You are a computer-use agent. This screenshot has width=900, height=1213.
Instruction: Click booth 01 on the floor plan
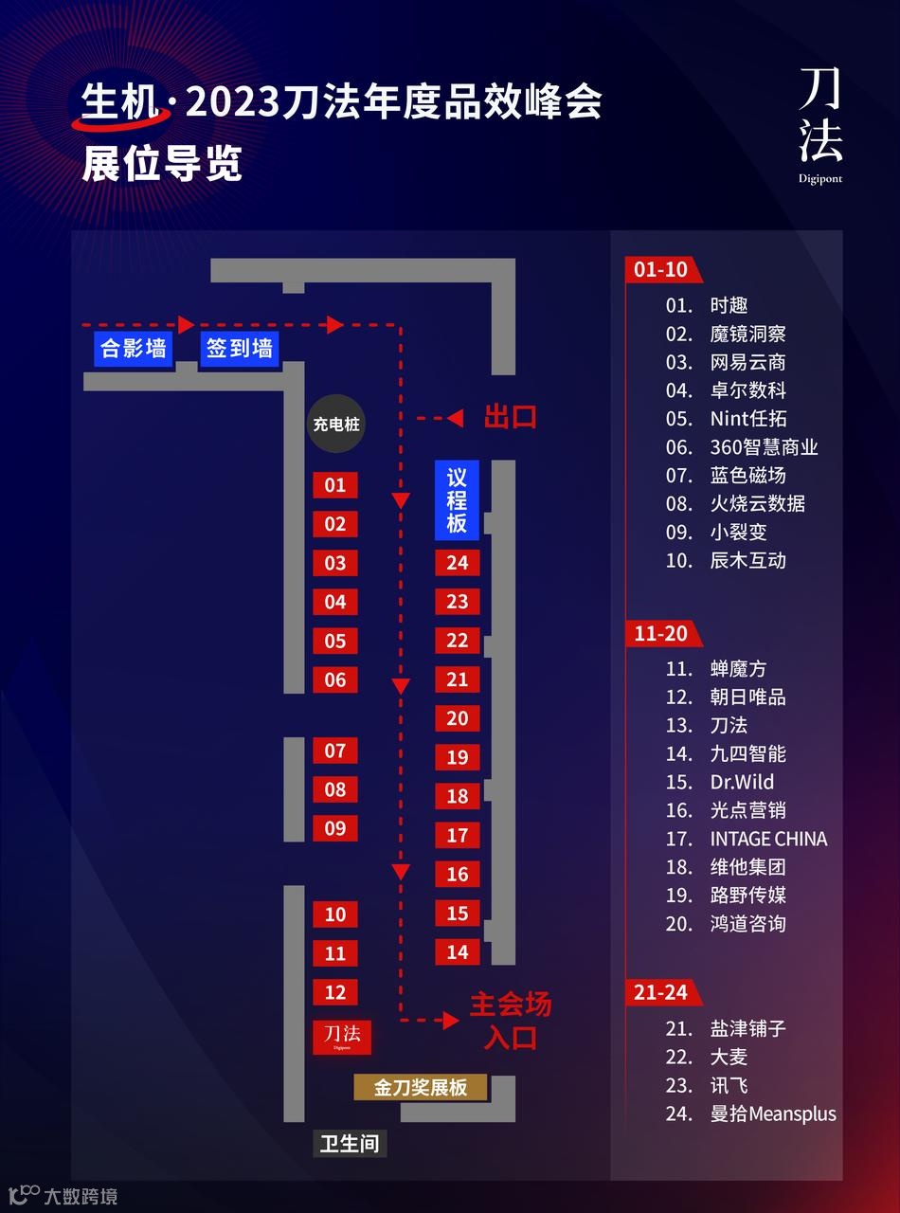point(335,485)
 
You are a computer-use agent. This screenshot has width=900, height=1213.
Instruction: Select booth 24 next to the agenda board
point(458,562)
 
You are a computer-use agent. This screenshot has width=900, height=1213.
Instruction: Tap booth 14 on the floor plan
point(458,951)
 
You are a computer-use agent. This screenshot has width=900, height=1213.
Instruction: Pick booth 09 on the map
point(335,828)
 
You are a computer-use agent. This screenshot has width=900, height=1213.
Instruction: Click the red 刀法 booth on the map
point(342,1035)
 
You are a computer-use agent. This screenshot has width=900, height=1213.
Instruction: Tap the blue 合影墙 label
point(134,348)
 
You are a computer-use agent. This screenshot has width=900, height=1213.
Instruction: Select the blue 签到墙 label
point(239,348)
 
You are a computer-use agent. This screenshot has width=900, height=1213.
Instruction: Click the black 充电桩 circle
point(336,425)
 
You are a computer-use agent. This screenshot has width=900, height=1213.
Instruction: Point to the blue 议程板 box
point(458,500)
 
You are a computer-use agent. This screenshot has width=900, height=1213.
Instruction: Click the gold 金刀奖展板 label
point(421,1087)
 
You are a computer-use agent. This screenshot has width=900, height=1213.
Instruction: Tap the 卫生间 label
point(350,1143)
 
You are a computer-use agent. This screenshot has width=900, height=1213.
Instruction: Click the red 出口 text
point(511,417)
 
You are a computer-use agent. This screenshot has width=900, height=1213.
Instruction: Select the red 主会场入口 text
point(511,1020)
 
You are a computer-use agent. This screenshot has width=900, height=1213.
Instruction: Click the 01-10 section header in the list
point(661,269)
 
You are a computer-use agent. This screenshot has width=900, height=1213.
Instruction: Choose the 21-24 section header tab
point(661,992)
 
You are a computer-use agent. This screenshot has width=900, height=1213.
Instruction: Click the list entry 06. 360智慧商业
point(741,447)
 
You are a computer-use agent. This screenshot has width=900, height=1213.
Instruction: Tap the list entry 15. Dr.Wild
point(720,782)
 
